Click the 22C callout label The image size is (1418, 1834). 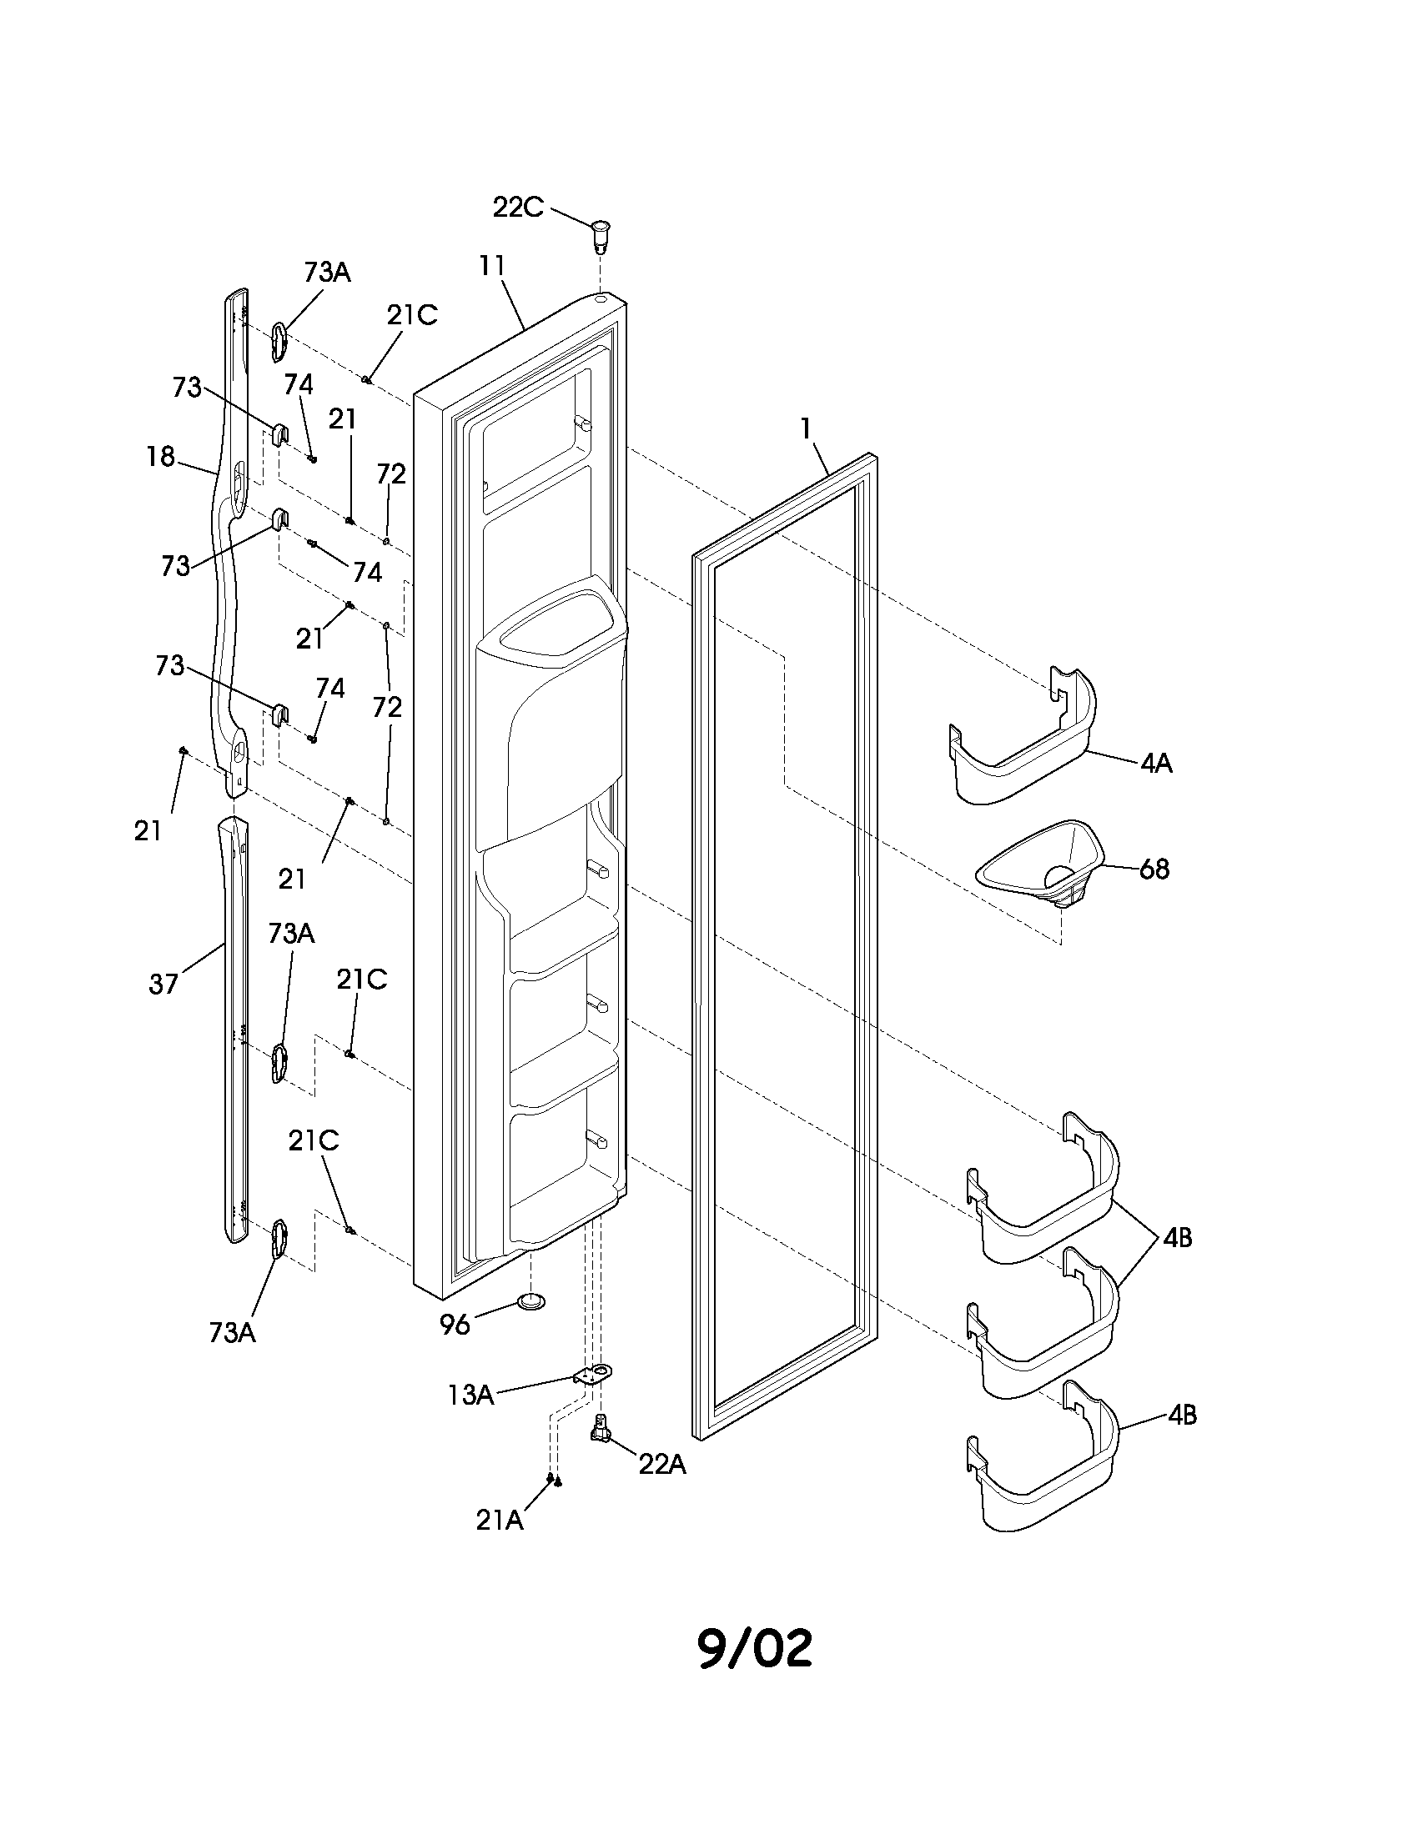[517, 208]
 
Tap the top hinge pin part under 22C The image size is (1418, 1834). [601, 234]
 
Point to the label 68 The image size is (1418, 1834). [1154, 869]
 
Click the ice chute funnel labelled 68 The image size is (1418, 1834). [1042, 865]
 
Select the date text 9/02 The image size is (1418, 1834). [755, 1648]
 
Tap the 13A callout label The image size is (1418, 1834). [470, 1395]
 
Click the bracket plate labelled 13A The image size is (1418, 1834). [594, 1373]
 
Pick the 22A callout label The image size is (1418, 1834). [662, 1464]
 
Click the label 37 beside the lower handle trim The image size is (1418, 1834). [163, 984]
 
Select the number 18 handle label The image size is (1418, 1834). [160, 457]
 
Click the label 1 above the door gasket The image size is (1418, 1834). [806, 429]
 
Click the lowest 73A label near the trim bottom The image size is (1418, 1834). [232, 1333]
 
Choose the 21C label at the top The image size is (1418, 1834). [411, 315]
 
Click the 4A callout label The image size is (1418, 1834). [1156, 764]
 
